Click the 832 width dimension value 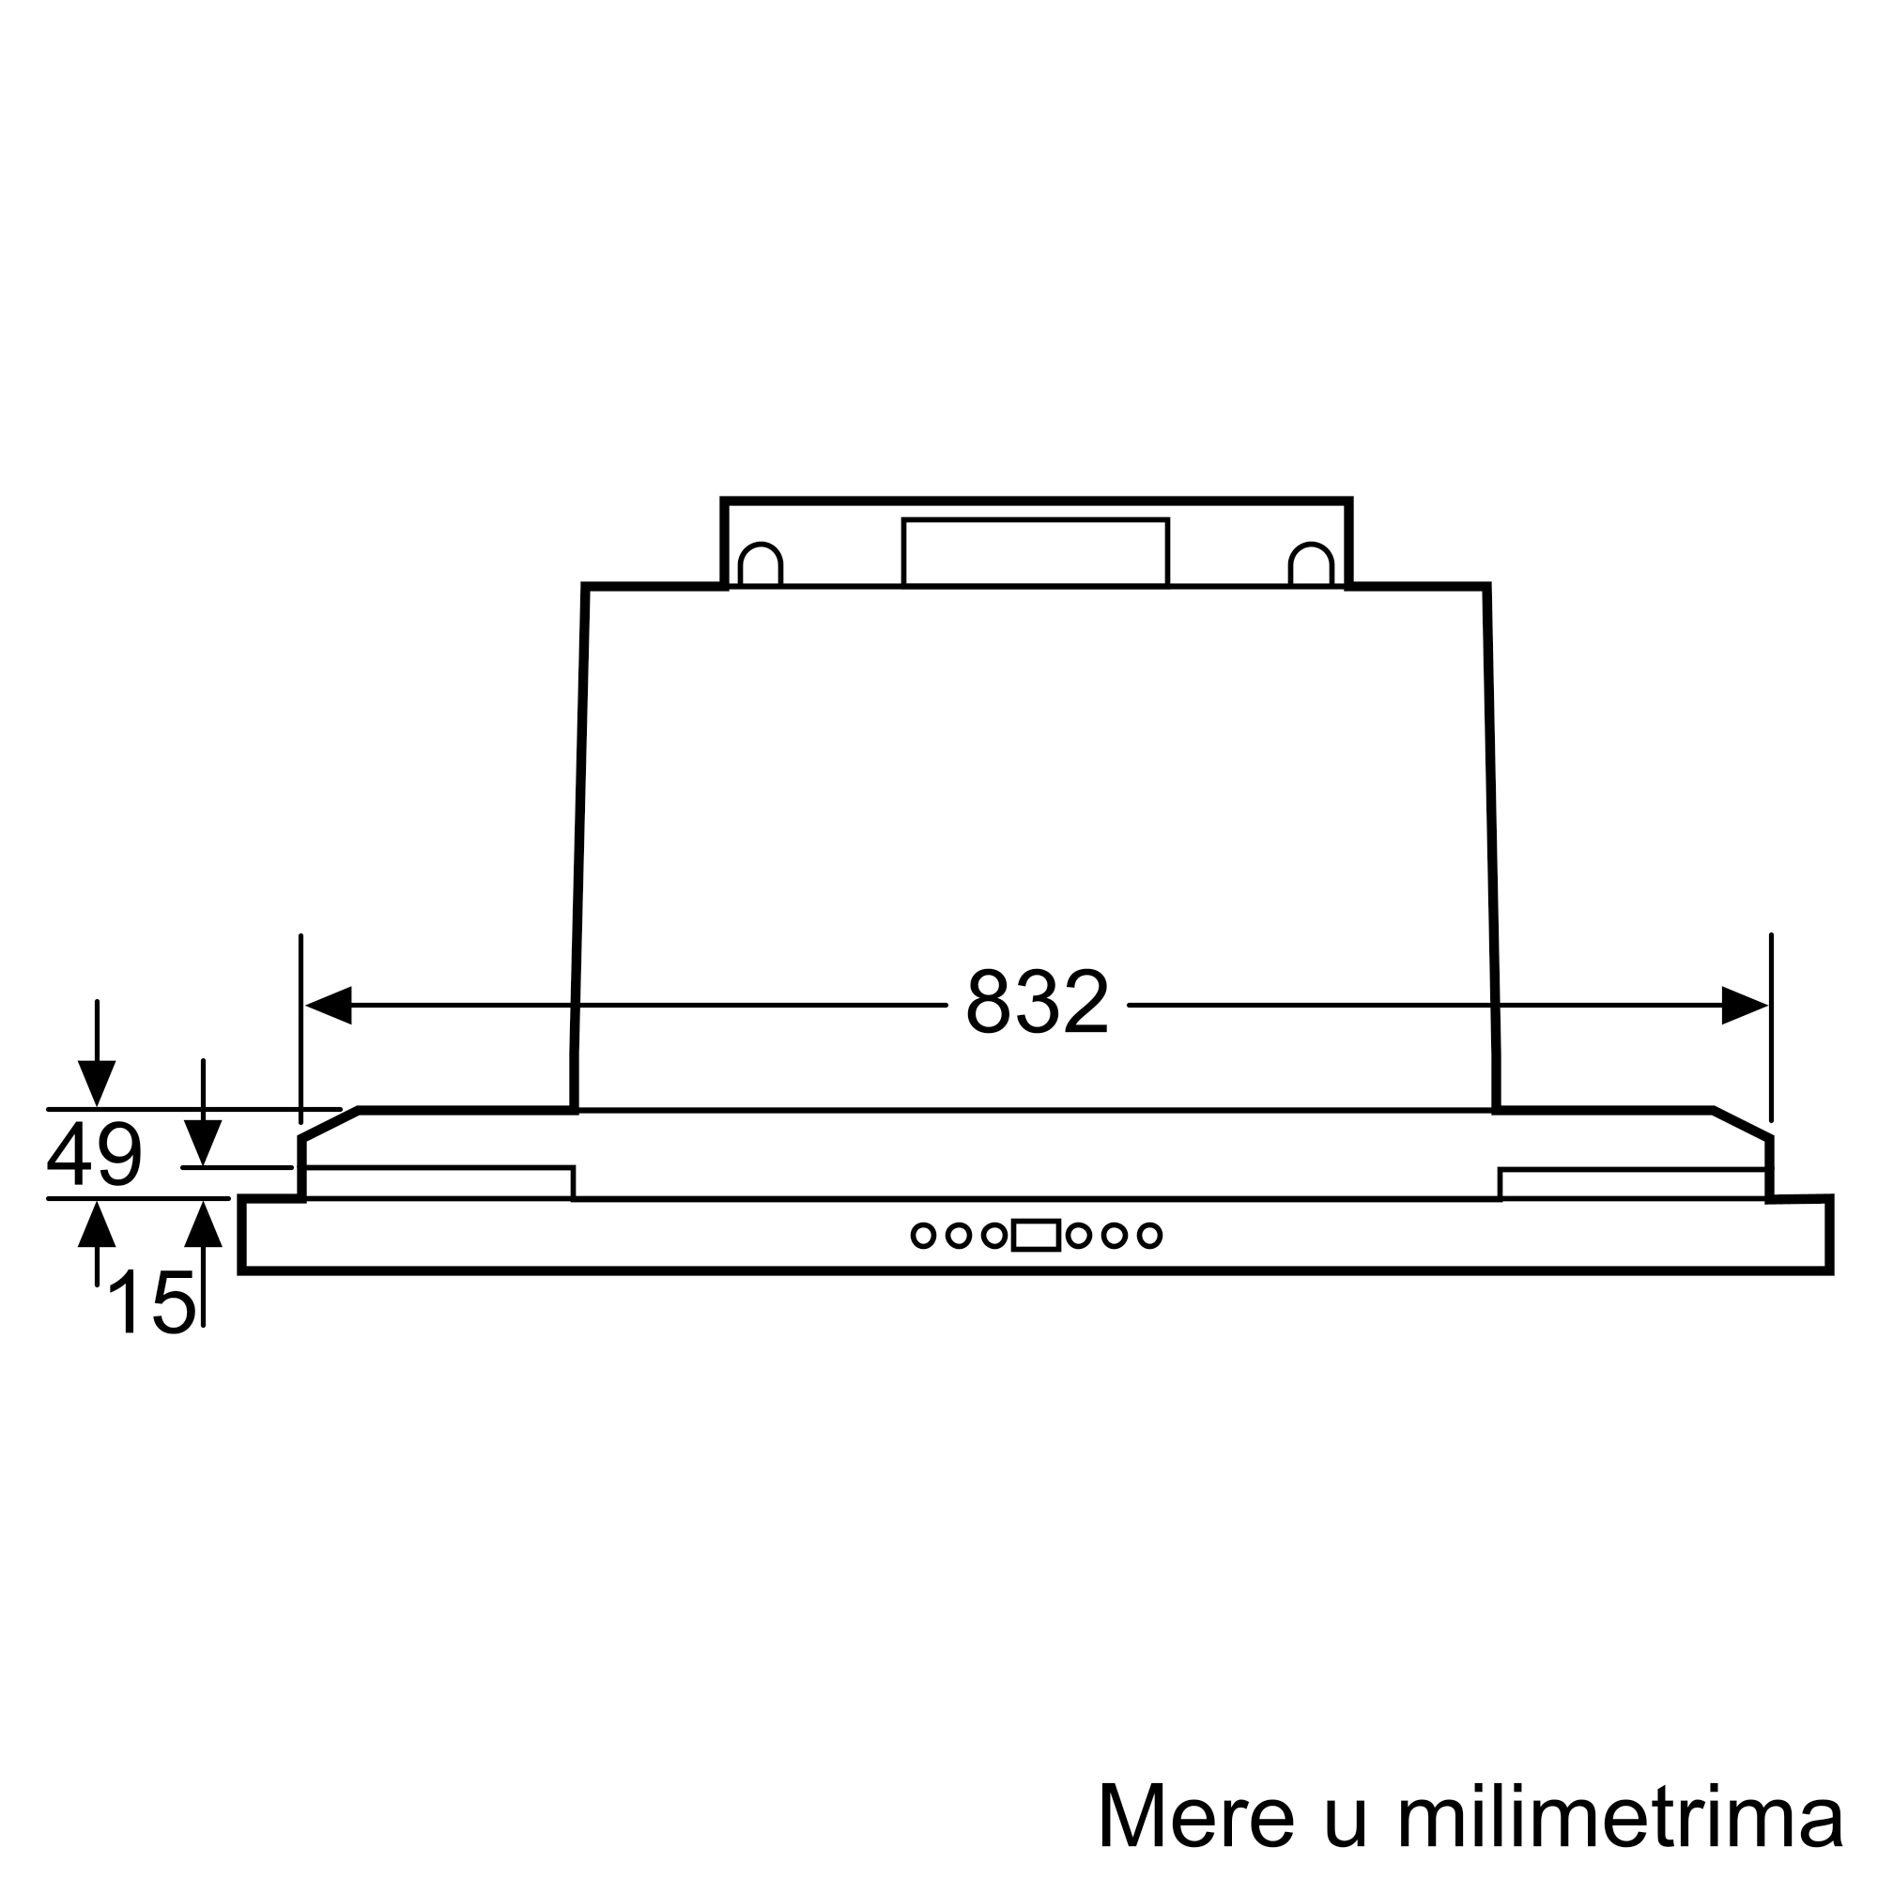tap(1037, 1002)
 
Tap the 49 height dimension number tap(94, 1154)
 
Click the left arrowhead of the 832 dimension tap(329, 1005)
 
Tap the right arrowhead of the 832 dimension tap(1745, 1005)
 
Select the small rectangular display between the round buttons tap(1037, 1236)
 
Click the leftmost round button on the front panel tap(923, 1236)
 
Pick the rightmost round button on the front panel tap(1150, 1236)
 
